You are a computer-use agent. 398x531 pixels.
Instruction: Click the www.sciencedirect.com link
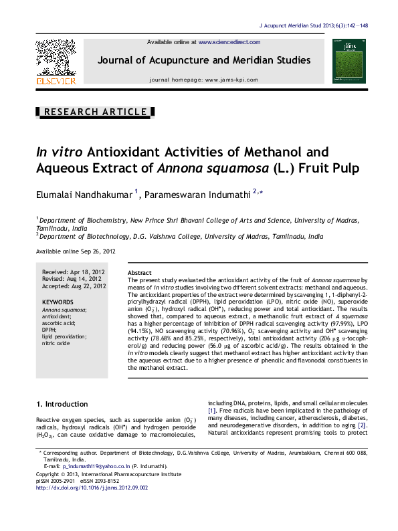point(229,41)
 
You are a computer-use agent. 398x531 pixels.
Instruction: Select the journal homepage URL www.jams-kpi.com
point(231,80)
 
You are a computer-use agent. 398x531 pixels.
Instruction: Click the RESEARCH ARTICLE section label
point(94,112)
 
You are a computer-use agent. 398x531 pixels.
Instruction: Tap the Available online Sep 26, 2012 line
point(75,251)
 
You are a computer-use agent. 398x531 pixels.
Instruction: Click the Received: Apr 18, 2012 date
point(74,272)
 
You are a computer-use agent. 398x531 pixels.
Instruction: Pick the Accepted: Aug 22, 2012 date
point(74,286)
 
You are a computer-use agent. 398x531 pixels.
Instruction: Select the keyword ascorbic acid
point(58,323)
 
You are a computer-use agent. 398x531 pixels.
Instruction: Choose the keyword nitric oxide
point(56,343)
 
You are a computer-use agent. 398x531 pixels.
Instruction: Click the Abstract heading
point(139,274)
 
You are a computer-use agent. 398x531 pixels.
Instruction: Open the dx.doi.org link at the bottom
point(91,488)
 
